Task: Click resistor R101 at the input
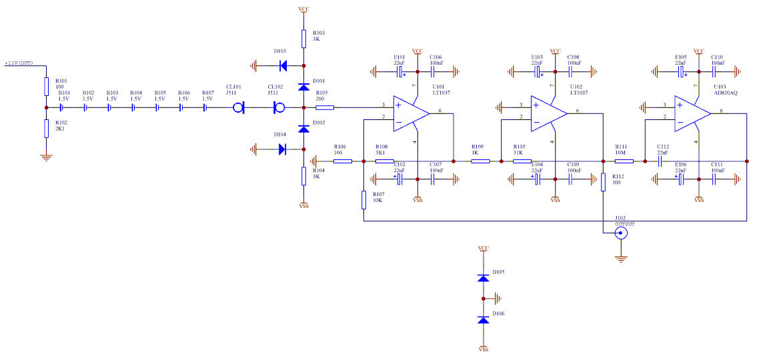coord(47,86)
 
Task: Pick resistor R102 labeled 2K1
coord(47,128)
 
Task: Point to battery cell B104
coord(133,107)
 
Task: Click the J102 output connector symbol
coord(622,233)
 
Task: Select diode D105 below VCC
coord(484,277)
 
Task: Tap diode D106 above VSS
coord(484,319)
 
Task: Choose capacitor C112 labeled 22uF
coord(661,161)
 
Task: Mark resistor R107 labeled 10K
coord(363,199)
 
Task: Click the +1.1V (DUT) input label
coord(19,63)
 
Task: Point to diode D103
coord(282,65)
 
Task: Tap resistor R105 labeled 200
coord(323,107)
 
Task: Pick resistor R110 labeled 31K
coord(522,161)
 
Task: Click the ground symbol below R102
coord(47,157)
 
